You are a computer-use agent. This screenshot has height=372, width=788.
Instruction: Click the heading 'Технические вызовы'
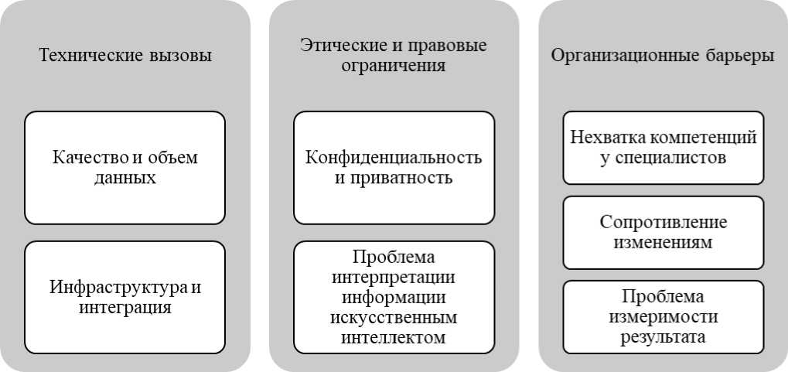[x=125, y=56]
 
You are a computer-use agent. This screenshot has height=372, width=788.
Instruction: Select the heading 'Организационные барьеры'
[x=663, y=56]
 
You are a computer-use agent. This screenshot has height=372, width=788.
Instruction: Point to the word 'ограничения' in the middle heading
[x=394, y=66]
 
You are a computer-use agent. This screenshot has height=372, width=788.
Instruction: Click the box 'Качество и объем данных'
[x=125, y=168]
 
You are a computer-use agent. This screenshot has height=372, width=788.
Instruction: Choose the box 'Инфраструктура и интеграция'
[x=125, y=298]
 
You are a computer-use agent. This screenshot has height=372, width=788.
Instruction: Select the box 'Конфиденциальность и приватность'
[x=394, y=168]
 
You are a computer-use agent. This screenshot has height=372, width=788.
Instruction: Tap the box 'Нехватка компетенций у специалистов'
[x=663, y=148]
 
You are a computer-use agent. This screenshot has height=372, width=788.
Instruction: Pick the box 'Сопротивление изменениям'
[x=663, y=233]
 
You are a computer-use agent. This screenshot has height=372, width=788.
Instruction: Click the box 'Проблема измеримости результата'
[x=663, y=317]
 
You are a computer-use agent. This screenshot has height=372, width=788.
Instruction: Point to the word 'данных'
[x=125, y=179]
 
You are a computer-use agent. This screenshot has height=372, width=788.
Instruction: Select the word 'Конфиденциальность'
[x=394, y=157]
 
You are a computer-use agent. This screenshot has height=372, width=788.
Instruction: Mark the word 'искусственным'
[x=394, y=317]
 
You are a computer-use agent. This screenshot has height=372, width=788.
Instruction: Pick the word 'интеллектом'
[x=394, y=337]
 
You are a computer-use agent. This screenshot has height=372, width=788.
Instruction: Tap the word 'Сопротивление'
[x=663, y=222]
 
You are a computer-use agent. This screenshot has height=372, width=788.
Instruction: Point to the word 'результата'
[x=663, y=337]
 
